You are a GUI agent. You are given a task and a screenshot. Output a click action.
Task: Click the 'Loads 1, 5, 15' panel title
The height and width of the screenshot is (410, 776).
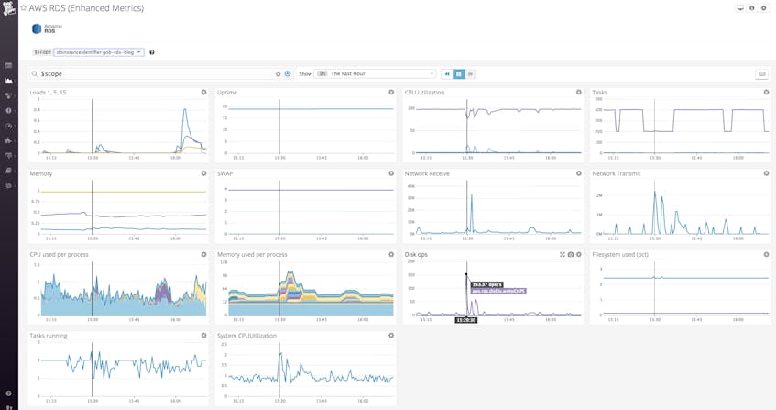[x=48, y=93]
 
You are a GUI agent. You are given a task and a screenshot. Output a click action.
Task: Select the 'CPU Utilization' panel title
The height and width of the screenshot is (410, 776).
[x=424, y=93]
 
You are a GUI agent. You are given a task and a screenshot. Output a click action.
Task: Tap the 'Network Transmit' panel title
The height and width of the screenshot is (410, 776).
[x=617, y=173]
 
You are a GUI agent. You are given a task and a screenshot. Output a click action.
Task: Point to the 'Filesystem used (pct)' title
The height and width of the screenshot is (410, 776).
[x=620, y=254]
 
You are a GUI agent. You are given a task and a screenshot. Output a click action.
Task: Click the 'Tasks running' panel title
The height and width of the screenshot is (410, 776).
[x=49, y=336]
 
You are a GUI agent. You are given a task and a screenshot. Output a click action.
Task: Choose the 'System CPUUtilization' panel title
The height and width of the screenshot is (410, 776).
[x=246, y=336]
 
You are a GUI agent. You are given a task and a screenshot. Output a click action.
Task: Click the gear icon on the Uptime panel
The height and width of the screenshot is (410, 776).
[x=391, y=93]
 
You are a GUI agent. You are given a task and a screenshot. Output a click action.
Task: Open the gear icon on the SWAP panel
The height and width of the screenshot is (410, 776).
[x=391, y=173]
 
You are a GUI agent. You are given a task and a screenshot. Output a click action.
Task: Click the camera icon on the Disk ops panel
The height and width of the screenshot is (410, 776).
[x=571, y=254]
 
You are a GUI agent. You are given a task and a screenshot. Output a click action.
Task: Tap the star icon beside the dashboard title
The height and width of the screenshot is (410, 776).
[x=23, y=8]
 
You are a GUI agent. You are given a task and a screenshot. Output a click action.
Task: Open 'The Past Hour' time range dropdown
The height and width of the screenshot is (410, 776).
[x=381, y=73]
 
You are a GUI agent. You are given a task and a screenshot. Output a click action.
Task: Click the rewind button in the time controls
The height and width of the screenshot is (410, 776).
[x=447, y=73]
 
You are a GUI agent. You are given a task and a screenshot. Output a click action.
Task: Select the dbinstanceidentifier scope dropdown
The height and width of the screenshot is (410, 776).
[x=98, y=52]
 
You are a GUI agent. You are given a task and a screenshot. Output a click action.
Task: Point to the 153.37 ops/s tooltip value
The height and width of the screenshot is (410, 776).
[x=486, y=284]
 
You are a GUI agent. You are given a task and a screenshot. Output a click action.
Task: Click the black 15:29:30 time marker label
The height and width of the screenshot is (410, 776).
[x=466, y=320]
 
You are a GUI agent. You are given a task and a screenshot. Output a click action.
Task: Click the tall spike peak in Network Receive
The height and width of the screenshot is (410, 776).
[x=467, y=182]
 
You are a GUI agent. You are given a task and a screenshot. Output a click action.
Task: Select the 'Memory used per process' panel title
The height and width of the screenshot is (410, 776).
[x=252, y=254]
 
